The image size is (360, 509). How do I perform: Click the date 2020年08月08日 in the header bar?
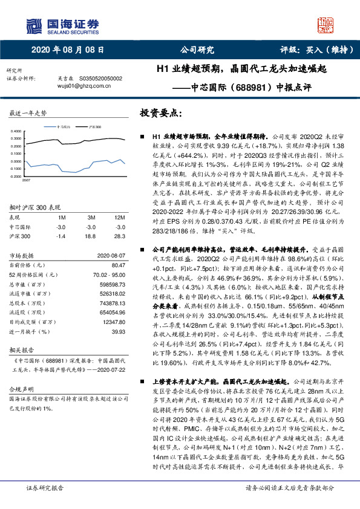click(x=63, y=50)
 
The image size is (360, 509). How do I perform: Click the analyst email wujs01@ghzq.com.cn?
click(x=75, y=86)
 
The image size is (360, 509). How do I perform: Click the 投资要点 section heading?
click(x=160, y=113)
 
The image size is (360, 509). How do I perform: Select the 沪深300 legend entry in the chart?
click(x=96, y=127)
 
